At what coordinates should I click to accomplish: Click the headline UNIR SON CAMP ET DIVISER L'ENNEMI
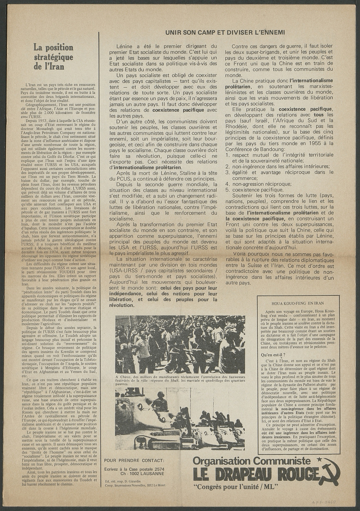(x=225, y=32)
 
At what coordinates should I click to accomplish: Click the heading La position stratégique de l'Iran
(x=53, y=57)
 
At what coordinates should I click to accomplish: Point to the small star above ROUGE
(x=319, y=459)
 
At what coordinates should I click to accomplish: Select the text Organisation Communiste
(x=251, y=461)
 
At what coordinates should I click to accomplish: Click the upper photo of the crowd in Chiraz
(x=180, y=344)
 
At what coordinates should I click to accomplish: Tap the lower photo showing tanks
(x=180, y=418)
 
